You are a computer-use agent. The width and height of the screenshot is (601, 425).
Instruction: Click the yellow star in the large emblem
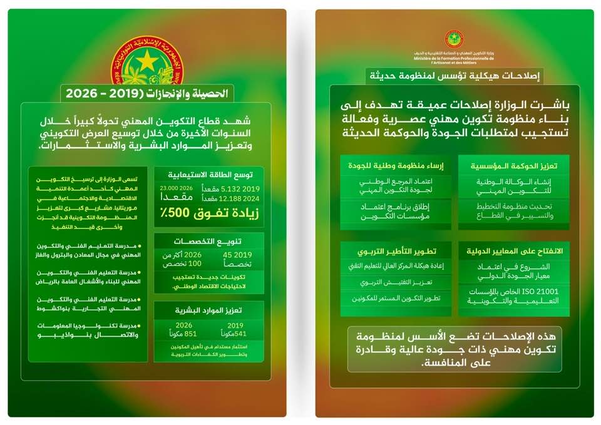point(146,61)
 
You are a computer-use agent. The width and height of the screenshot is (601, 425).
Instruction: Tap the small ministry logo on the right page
point(454,39)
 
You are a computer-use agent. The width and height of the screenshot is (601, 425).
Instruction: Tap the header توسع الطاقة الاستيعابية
point(210,175)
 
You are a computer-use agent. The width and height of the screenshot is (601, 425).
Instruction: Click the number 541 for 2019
point(230,334)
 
